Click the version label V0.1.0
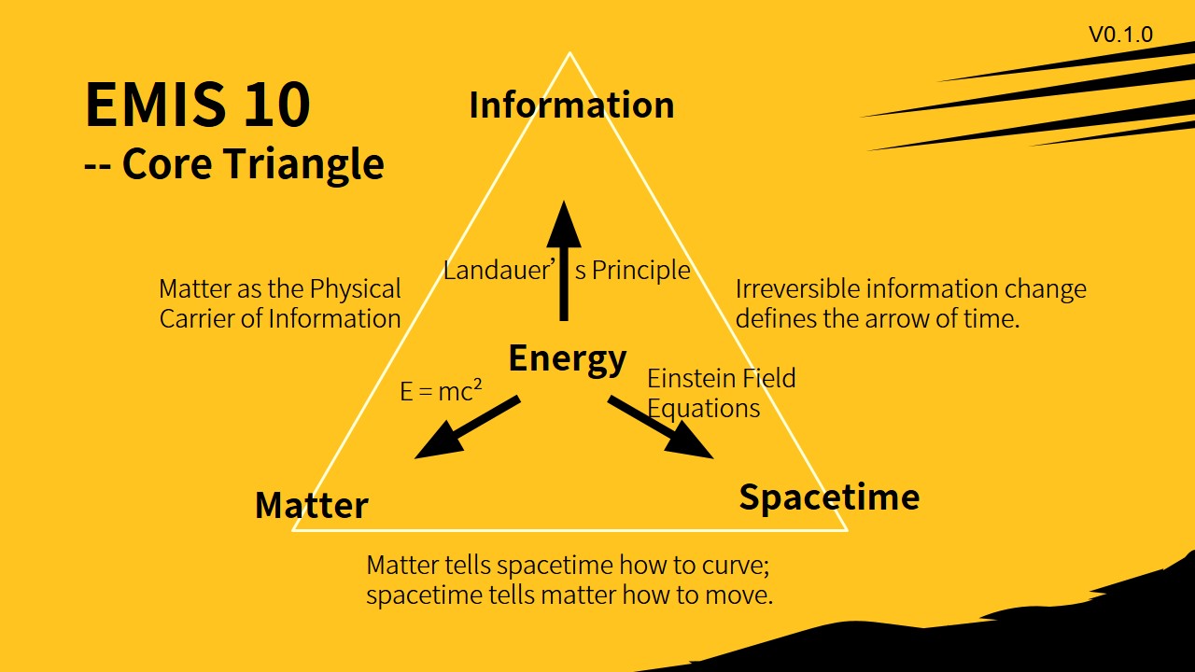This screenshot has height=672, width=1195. point(1120,35)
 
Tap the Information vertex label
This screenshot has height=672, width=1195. point(571,105)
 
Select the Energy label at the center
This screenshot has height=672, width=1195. point(567,358)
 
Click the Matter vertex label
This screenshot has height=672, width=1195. point(312,506)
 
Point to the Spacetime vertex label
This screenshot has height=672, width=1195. point(829,497)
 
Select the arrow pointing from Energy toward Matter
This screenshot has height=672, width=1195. point(466,427)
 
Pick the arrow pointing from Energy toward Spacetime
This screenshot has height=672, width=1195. point(661,427)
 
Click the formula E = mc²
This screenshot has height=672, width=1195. point(441,391)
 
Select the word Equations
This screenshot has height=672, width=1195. point(703,409)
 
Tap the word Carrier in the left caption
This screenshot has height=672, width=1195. point(196,318)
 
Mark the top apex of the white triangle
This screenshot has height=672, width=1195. point(569,53)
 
